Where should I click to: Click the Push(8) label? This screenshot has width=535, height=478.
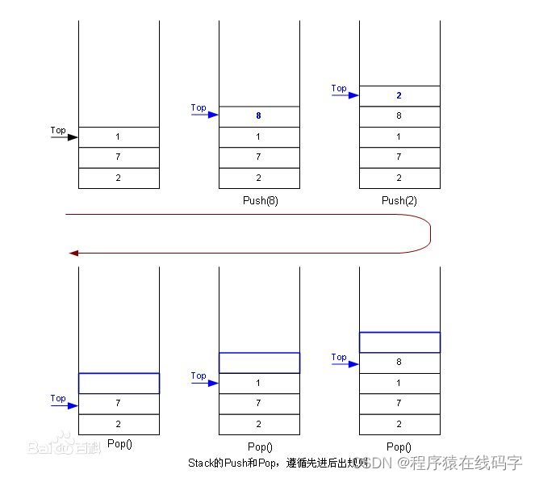pos(258,199)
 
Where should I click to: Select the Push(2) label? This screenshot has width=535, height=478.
pos(399,199)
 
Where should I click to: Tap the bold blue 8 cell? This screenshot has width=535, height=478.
pos(258,116)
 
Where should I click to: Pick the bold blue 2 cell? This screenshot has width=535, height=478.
pos(399,95)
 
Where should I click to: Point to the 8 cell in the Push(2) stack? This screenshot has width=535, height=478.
pos(399,116)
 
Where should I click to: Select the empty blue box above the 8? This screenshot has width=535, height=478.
pos(399,342)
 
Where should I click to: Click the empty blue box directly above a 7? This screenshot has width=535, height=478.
pos(119,383)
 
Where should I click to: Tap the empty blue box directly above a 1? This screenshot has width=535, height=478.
pos(258,363)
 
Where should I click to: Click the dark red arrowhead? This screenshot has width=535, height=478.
pos(73,253)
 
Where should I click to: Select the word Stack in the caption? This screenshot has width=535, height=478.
pos(199,463)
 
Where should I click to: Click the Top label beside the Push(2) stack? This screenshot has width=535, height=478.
pos(339,88)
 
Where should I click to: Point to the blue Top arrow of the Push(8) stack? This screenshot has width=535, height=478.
pos(205,115)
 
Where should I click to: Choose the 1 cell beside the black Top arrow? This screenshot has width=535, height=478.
pos(119,137)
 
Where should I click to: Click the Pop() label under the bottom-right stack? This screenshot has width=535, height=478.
pos(399,447)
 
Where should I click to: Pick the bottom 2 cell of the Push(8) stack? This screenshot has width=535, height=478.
pos(258,178)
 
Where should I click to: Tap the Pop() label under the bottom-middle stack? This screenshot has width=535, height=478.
pos(258,447)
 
